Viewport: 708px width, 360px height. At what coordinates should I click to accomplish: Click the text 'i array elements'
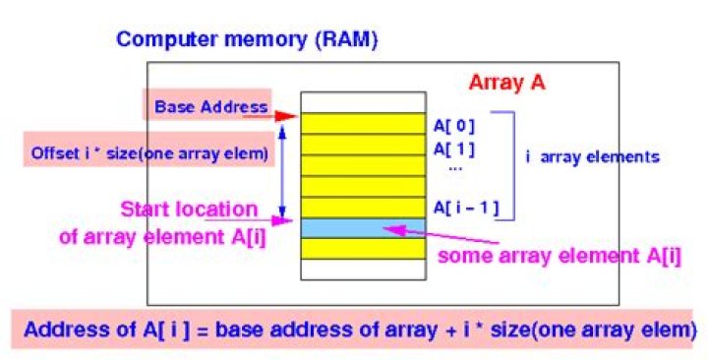(593, 157)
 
